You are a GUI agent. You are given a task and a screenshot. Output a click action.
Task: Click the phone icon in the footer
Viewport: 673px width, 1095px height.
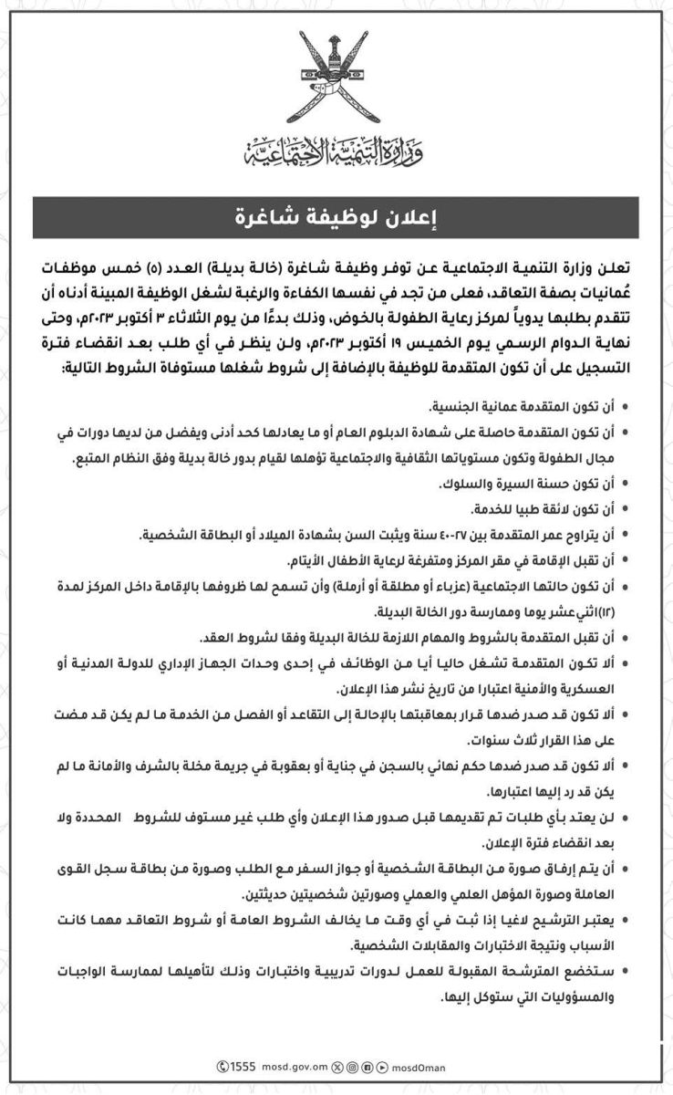pos(223,1066)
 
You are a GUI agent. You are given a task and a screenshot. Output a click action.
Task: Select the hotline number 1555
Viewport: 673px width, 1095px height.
pos(243,1066)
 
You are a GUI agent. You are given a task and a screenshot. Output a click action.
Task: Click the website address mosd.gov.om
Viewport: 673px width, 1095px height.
pos(295,1066)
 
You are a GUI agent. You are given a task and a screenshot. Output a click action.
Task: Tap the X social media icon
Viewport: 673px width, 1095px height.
pos(338,1066)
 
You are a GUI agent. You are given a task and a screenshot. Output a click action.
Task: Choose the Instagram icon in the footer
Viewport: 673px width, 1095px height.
pos(352,1066)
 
